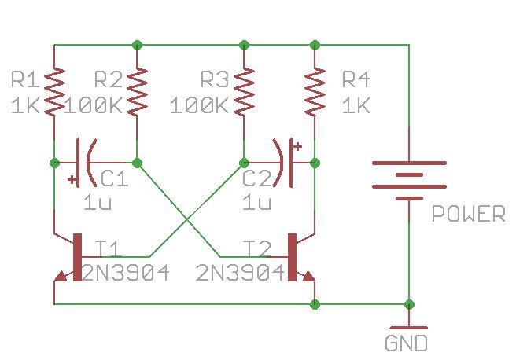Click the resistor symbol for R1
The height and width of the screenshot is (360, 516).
[x=53, y=91]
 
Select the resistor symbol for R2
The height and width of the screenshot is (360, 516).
[x=138, y=91]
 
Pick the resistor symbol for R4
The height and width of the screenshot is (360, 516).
[x=315, y=91]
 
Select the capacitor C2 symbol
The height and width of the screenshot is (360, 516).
[x=284, y=163]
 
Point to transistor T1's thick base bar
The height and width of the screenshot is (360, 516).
[x=77, y=257]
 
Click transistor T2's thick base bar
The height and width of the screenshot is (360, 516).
[x=292, y=257]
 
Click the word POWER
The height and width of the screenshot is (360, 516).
[x=469, y=214]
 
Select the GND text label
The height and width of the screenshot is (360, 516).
[x=406, y=343]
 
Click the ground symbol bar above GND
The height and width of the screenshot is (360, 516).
[x=409, y=327]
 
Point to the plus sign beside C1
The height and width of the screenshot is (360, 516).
[x=73, y=179]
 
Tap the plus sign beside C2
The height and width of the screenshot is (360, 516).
[x=297, y=146]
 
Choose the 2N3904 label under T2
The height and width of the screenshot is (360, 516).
[x=240, y=273]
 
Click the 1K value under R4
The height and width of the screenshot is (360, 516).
[x=356, y=105]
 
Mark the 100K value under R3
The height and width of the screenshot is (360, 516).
[x=198, y=105]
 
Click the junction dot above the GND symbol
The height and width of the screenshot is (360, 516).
[x=409, y=303]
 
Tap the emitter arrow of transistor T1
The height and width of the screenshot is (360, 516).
[x=60, y=277]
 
